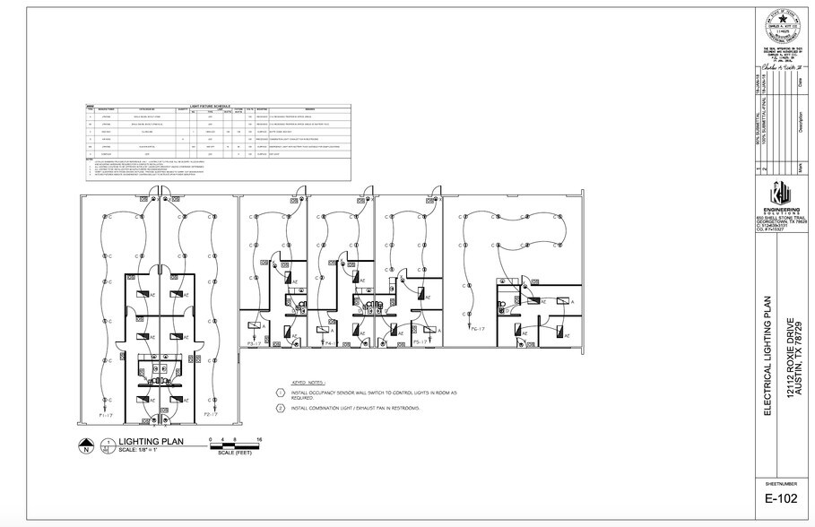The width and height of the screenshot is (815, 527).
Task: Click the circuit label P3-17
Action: pyautogui.click(x=255, y=343)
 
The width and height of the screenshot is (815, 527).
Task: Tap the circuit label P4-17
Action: pyautogui.click(x=330, y=343)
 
